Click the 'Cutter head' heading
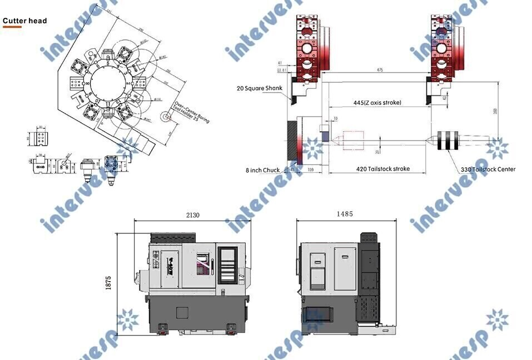click(25, 21)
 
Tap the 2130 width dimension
click(192, 215)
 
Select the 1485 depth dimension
click(345, 214)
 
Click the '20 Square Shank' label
click(259, 88)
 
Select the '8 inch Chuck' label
click(263, 169)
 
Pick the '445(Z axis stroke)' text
click(377, 103)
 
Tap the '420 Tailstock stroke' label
click(383, 169)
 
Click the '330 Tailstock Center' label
click(488, 169)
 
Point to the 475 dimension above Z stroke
click(380, 70)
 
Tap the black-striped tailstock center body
click(448, 141)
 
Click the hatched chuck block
click(292, 142)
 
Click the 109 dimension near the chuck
click(311, 169)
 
